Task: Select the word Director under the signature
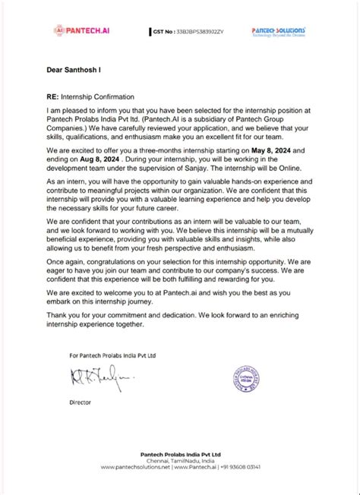(x=81, y=401)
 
